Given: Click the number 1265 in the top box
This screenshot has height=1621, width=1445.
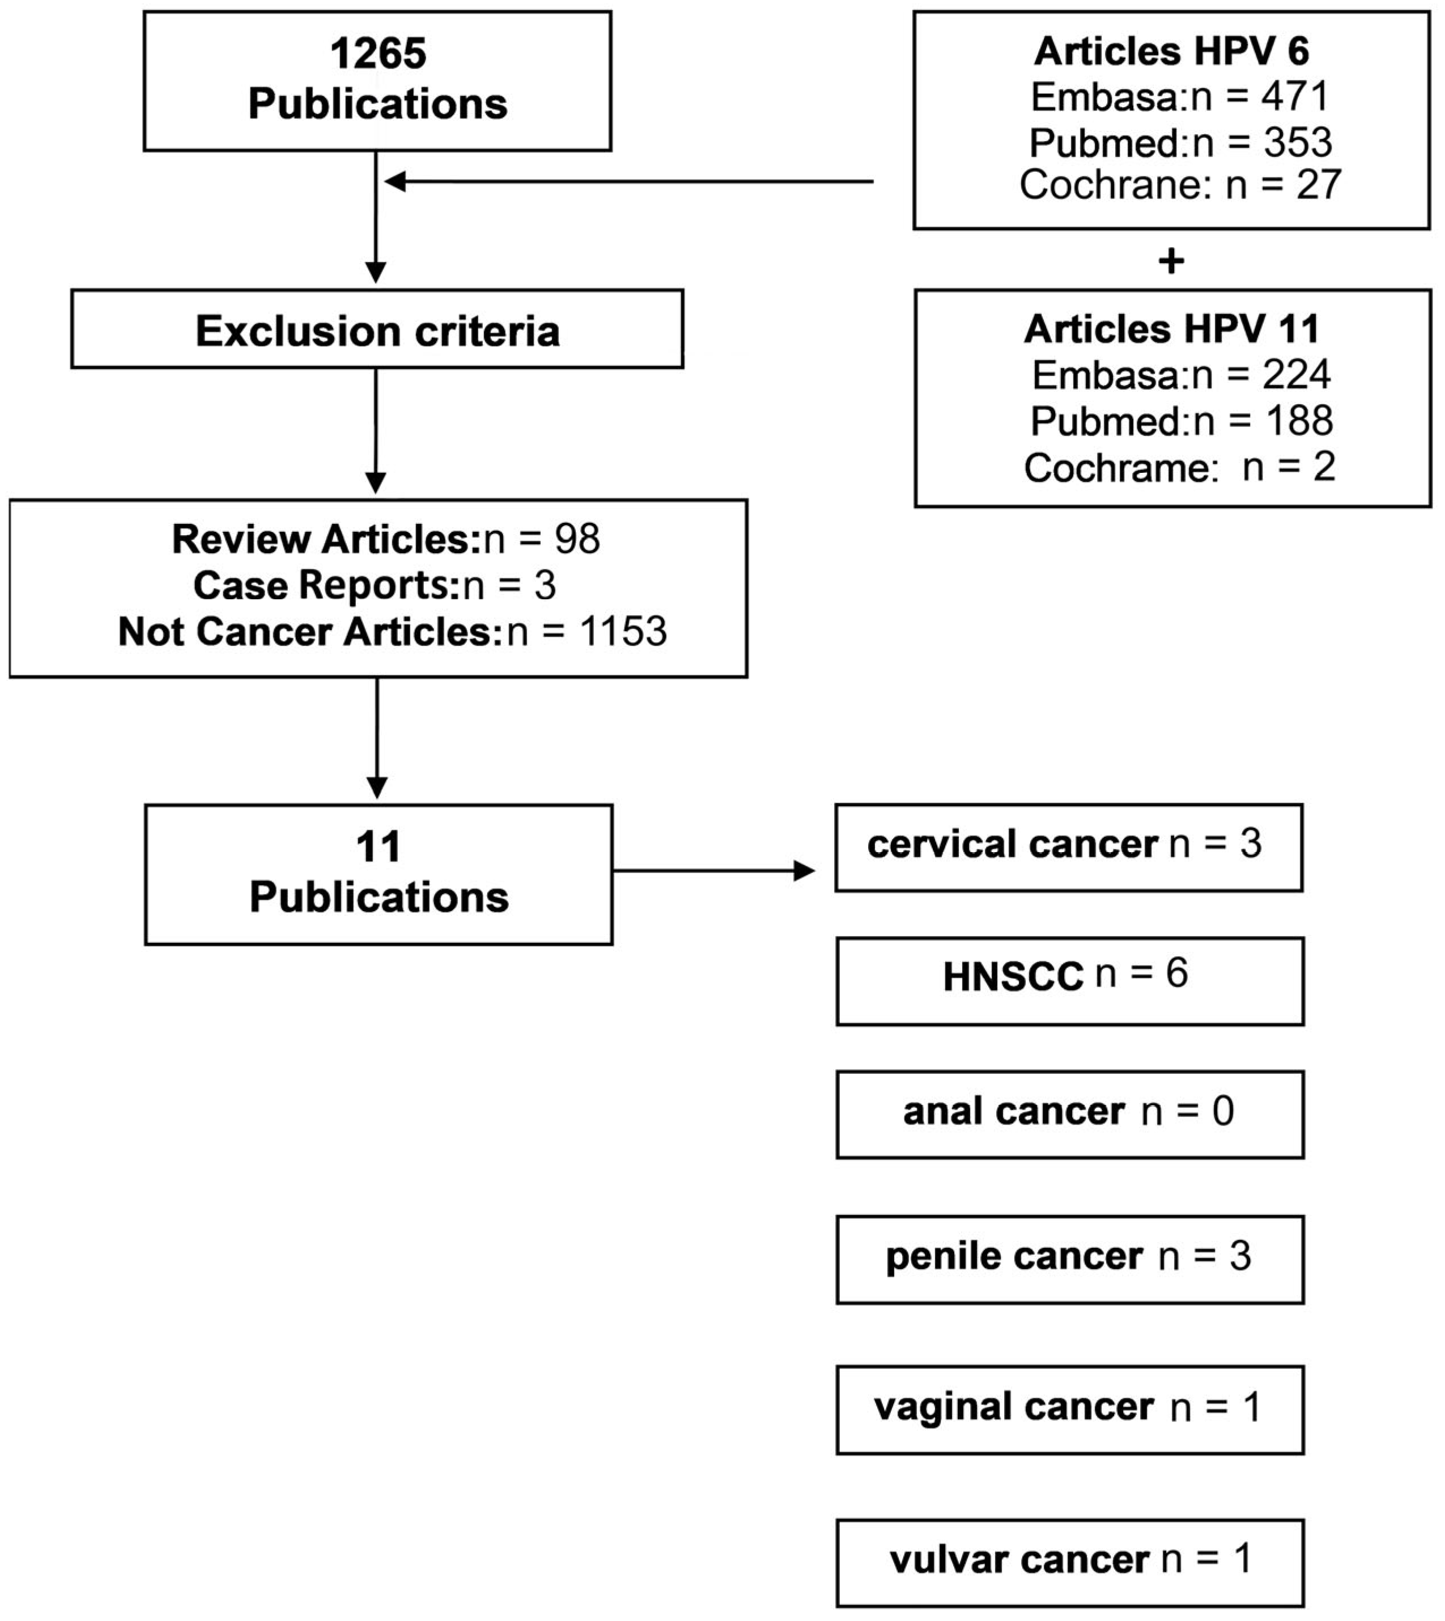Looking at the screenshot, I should [x=378, y=54].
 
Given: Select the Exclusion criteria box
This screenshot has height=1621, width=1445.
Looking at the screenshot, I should [x=377, y=329].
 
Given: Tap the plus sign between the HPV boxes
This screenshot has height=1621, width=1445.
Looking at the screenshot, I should [x=1171, y=260].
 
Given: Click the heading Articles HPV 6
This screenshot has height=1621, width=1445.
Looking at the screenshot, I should [x=1171, y=52].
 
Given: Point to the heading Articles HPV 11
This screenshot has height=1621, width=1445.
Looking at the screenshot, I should [x=1171, y=329].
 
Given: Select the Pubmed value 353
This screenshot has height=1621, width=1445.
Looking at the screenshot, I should [x=1297, y=143].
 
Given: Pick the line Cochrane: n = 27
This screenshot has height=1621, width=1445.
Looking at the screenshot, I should [x=1180, y=185].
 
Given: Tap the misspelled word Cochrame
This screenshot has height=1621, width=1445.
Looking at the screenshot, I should [x=1120, y=468].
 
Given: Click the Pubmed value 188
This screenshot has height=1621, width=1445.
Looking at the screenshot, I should [x=1299, y=421].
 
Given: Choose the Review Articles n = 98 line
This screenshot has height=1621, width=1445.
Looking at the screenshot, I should [x=386, y=539].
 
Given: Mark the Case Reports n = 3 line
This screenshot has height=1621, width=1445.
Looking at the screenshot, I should [x=375, y=585].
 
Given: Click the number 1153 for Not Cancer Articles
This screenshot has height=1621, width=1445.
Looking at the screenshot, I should [x=623, y=632].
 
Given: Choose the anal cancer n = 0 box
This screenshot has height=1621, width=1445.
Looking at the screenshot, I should [x=1069, y=1114].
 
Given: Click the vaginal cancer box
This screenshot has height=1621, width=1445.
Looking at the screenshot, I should [x=1069, y=1410].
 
